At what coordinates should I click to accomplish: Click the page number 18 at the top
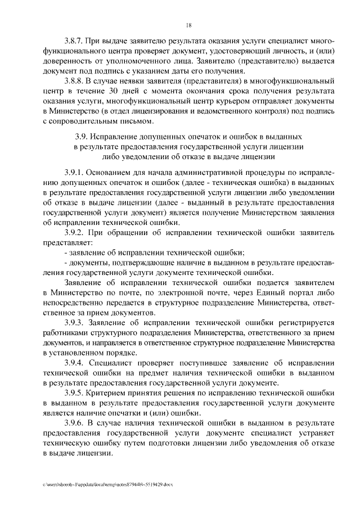(189, 25)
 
